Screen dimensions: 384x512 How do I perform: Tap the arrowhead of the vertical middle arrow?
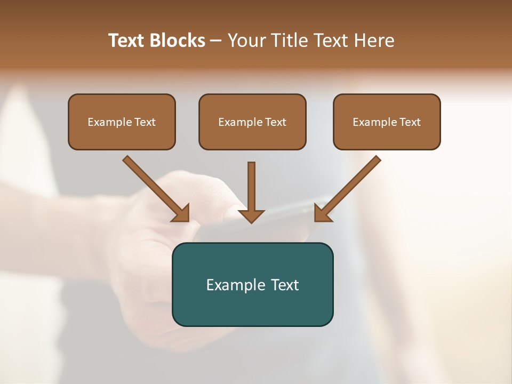click(x=251, y=215)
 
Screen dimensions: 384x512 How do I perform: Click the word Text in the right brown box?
click(x=410, y=122)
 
